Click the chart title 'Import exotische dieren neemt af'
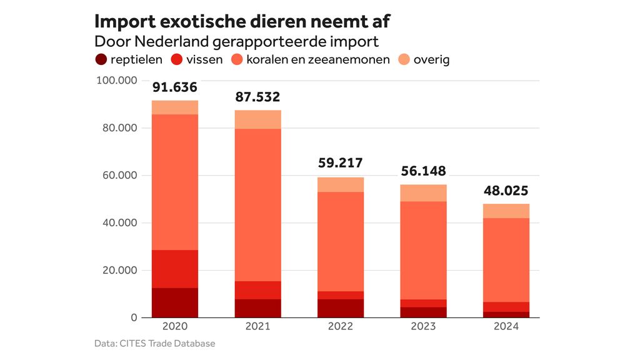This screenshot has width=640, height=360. coord(242,21)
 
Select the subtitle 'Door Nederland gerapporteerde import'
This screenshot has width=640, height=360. coord(236,41)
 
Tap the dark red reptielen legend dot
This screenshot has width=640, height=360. coord(101,60)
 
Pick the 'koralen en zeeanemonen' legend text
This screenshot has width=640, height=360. coord(317,60)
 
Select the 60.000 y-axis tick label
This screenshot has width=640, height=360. coord(119,176)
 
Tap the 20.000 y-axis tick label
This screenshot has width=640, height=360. coord(119,271)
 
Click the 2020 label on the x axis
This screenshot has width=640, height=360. coord(175,326)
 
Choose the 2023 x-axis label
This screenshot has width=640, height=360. coord(423,326)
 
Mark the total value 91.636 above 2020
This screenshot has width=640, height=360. coord(175,87)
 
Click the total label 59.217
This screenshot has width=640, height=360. coord(340,164)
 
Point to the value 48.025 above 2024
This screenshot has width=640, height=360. coord(506,191)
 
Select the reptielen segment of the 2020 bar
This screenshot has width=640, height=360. coord(175,302)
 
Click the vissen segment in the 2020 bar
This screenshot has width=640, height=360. coord(175,269)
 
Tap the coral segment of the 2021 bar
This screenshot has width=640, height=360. coord(257,205)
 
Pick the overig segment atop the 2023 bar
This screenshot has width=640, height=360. coord(423,193)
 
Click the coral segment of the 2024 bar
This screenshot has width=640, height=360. coord(506,260)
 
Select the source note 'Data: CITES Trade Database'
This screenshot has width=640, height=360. coord(154,343)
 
